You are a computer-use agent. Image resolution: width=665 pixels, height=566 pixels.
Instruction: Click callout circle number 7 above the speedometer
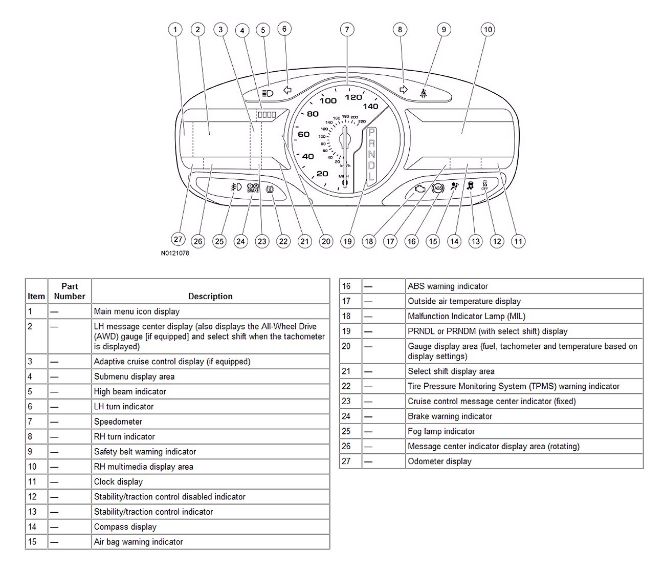[x=347, y=30]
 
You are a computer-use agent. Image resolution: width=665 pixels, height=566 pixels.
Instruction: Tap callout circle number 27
[x=178, y=239]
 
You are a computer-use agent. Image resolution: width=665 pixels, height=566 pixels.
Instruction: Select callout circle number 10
[x=488, y=30]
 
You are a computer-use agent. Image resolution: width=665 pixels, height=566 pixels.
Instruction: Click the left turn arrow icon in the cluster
[x=287, y=90]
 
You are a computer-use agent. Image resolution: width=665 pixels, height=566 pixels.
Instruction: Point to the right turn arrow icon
[x=404, y=90]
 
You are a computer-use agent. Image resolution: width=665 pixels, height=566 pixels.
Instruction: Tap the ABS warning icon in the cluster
[x=438, y=188]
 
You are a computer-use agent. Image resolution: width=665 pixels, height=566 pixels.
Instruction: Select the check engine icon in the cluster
[x=420, y=189]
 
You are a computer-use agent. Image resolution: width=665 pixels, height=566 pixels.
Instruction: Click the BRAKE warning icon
[x=253, y=188]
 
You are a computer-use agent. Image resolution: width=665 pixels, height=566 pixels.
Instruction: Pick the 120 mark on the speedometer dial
[x=353, y=97]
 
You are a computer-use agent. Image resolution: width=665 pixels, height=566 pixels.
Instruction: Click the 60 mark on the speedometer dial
[x=304, y=134]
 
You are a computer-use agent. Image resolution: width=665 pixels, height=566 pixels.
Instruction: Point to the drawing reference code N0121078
[x=175, y=253]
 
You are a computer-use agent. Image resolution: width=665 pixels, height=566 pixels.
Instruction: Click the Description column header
[x=210, y=296]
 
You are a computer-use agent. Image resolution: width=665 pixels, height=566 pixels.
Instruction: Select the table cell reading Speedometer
[x=118, y=422]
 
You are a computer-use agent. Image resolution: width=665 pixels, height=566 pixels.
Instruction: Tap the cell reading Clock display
[x=118, y=481]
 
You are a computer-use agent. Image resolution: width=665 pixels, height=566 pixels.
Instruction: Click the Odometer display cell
[x=439, y=461]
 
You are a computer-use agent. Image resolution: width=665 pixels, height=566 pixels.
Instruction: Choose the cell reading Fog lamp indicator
[x=441, y=431]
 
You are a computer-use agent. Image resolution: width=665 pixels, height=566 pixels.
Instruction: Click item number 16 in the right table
[x=346, y=286]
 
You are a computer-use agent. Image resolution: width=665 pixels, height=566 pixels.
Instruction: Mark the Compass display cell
[x=125, y=527]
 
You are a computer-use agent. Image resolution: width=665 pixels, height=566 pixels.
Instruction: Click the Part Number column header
[x=70, y=291]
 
